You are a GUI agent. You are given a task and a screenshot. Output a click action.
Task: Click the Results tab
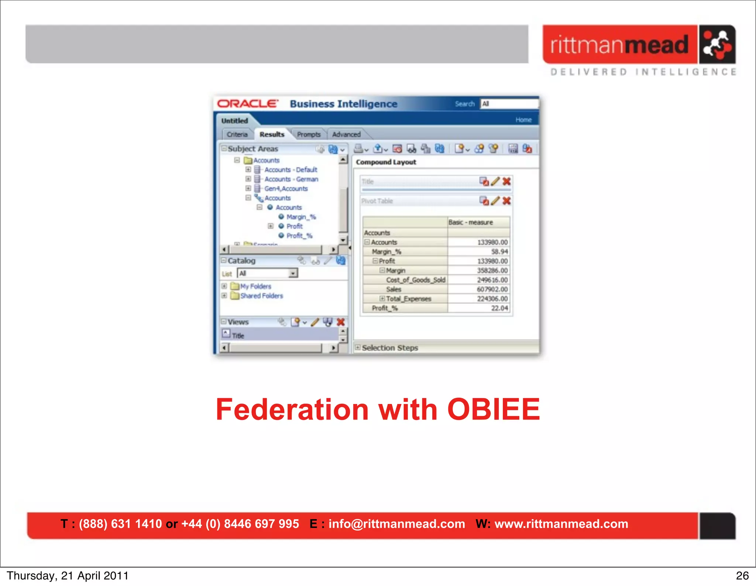[x=272, y=134]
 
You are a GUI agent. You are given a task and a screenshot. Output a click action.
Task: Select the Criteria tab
[x=237, y=134]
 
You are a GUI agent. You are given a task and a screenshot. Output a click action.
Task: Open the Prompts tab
[x=309, y=134]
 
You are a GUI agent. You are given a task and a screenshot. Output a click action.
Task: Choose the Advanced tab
[x=346, y=134]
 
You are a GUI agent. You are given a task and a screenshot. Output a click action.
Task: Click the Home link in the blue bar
[x=523, y=120]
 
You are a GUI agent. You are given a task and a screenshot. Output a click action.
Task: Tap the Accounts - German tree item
[x=291, y=179]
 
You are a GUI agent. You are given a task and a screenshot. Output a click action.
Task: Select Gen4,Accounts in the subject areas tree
[x=286, y=189]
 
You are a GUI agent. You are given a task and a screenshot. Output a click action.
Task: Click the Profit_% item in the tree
[x=299, y=236]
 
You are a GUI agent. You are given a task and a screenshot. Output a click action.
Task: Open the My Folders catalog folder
[x=255, y=286]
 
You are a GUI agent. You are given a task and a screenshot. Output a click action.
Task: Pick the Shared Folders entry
[x=261, y=296]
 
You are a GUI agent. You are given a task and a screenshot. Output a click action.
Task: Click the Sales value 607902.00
[x=492, y=289]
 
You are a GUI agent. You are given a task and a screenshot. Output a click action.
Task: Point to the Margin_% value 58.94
[x=499, y=251]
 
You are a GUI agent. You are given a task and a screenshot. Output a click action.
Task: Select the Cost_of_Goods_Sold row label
[x=416, y=280]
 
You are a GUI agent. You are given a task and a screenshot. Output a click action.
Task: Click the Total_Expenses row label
[x=408, y=299]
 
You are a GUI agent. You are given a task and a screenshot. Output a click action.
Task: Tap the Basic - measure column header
[x=471, y=222]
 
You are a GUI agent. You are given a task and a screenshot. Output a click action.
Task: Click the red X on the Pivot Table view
[x=506, y=201]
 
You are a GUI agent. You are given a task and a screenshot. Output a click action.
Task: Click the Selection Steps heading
[x=390, y=348]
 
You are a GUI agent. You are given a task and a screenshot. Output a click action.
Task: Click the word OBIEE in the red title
[x=494, y=409]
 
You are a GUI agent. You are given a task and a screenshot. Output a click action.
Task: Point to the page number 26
[x=742, y=576]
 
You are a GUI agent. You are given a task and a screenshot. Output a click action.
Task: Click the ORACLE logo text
[x=247, y=104]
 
